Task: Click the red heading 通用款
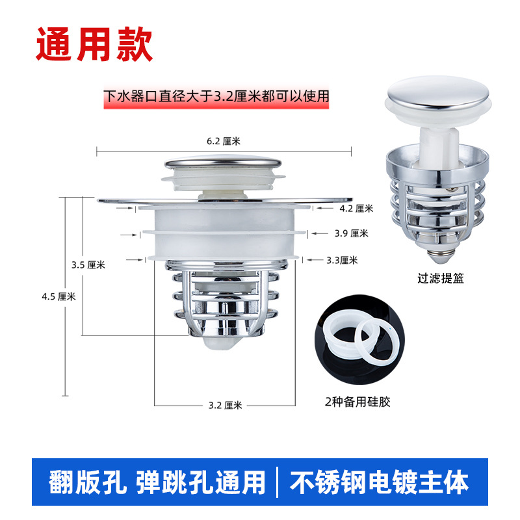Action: (x=94, y=44)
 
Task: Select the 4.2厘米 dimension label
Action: (x=356, y=209)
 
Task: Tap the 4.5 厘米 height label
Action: (x=58, y=296)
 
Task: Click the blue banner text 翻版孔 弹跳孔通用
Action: (x=157, y=482)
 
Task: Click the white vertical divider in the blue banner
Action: (x=278, y=482)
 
